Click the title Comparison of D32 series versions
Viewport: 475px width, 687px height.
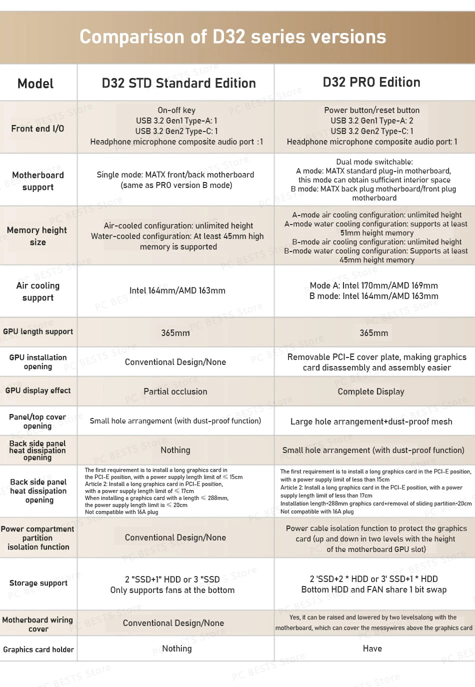pyautogui.click(x=232, y=37)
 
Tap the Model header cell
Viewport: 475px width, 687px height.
pyautogui.click(x=35, y=83)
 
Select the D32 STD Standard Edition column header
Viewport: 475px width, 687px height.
pyautogui.click(x=178, y=83)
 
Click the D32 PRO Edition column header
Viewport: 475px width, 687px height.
pyautogui.click(x=371, y=82)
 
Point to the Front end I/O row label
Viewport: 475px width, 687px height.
pyautogui.click(x=37, y=128)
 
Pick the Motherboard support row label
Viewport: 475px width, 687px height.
pyautogui.click(x=38, y=181)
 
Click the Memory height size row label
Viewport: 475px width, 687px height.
pyautogui.click(x=37, y=236)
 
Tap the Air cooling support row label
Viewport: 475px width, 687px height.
pyautogui.click(x=38, y=291)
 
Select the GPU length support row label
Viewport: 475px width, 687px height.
pyautogui.click(x=38, y=331)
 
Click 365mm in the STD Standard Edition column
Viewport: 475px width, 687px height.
pyautogui.click(x=175, y=333)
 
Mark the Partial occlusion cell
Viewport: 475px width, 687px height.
pyautogui.click(x=175, y=391)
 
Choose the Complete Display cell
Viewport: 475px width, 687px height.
pyautogui.click(x=371, y=391)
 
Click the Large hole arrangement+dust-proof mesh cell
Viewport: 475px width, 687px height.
pyautogui.click(x=371, y=421)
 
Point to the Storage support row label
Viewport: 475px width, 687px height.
pyautogui.click(x=38, y=583)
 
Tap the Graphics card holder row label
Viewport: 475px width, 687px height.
pyautogui.click(x=38, y=649)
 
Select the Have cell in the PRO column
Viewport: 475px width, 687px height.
pyautogui.click(x=372, y=648)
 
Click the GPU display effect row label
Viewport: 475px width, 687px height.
pyautogui.click(x=38, y=390)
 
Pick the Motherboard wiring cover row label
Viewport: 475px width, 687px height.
pyautogui.click(x=38, y=624)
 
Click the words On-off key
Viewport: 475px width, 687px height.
pyautogui.click(x=176, y=110)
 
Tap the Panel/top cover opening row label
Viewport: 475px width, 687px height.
pyautogui.click(x=37, y=421)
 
